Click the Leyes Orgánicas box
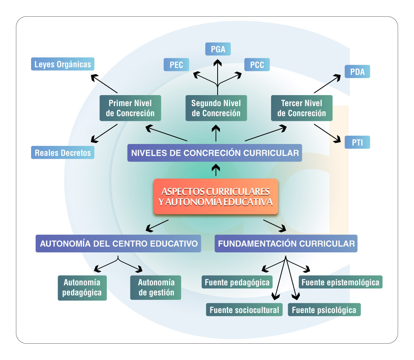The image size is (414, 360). [x=63, y=64]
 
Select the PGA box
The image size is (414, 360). [x=218, y=49]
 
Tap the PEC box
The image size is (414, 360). [x=176, y=65]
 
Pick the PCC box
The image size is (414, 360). [x=257, y=65]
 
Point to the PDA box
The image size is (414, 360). [x=357, y=72]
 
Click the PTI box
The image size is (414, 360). [x=357, y=143]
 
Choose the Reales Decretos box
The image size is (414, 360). [x=63, y=153]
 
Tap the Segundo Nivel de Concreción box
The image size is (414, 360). [x=216, y=108]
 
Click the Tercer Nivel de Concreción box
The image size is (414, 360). [x=302, y=108]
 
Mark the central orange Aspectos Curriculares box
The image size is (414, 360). [x=216, y=196]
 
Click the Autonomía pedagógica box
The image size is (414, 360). [x=82, y=288]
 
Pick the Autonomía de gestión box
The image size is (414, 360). [x=156, y=288]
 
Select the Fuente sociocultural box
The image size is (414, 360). [x=244, y=310]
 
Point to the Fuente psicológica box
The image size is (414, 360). [x=324, y=310]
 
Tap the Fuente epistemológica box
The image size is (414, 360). [x=340, y=282]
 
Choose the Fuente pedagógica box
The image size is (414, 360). [x=237, y=282]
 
